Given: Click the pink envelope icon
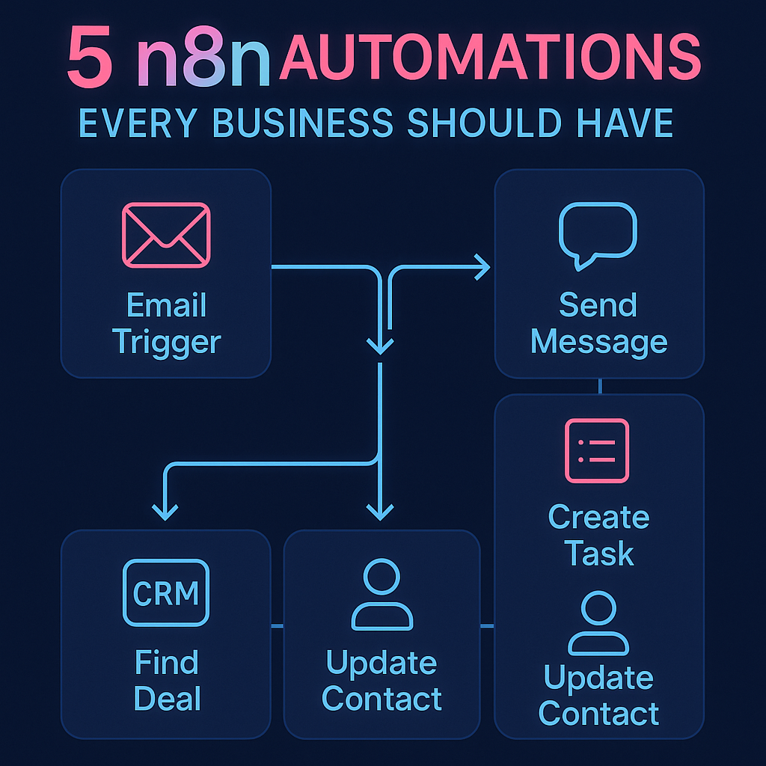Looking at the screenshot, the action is tap(166, 235).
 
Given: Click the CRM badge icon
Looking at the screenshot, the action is tap(166, 593).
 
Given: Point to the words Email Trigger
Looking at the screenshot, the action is tap(167, 323).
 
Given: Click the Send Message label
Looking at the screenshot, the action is tap(599, 322).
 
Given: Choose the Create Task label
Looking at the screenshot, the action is tap(599, 535).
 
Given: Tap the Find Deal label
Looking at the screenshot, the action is tap(167, 680).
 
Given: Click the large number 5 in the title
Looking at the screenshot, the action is tap(90, 56).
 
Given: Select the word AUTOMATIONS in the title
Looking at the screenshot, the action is tap(490, 56).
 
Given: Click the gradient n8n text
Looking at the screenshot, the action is tap(203, 58).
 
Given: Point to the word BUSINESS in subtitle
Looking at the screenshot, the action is tap(303, 123).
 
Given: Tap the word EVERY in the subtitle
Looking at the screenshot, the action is tap(138, 123).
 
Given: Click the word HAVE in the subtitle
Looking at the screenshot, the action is tap(625, 123).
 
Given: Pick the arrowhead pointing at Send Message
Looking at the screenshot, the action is tap(482, 267).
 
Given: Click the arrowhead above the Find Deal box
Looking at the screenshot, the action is tap(165, 512).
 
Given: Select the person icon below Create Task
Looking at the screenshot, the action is tap(598, 623).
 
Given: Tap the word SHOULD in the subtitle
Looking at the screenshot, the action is tap(485, 123).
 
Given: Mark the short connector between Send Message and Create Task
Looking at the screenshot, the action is tap(600, 387).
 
